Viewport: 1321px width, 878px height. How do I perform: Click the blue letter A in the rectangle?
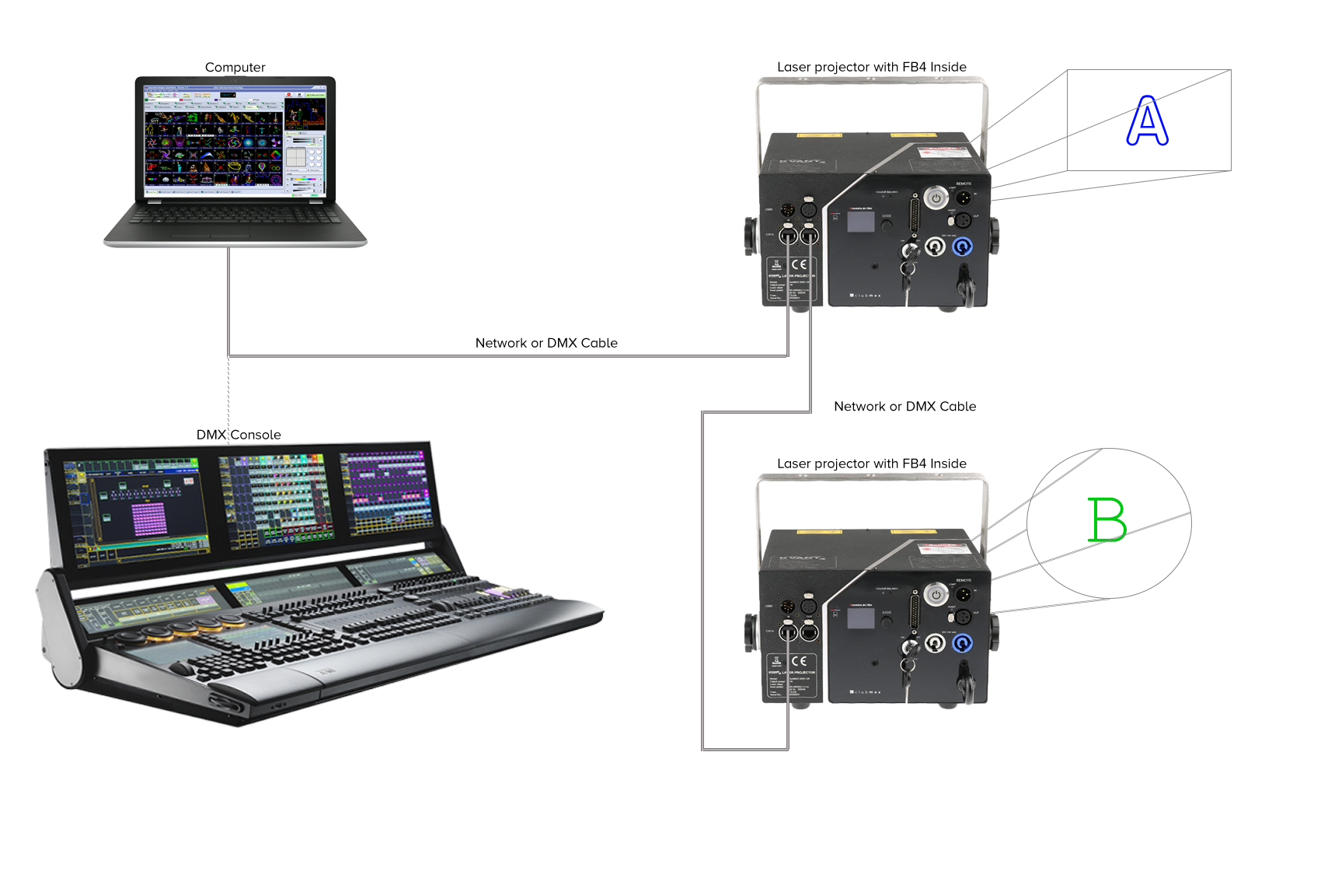point(1148,121)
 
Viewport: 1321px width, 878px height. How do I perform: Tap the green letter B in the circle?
point(1107,519)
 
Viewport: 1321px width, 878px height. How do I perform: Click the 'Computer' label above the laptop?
point(235,68)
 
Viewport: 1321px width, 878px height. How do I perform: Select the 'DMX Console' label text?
point(239,435)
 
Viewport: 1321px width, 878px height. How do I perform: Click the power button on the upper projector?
point(936,198)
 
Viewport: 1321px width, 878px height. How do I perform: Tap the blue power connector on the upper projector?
point(962,247)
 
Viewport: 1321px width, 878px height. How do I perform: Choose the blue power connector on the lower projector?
point(962,644)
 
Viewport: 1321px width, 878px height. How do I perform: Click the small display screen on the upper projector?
point(860,222)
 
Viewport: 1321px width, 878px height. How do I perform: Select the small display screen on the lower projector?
point(860,619)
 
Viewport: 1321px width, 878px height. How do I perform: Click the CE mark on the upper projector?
point(798,264)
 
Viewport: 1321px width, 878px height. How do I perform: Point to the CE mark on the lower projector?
point(798,661)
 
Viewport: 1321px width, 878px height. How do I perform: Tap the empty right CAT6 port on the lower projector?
point(809,631)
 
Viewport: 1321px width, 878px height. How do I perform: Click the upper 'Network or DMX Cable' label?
point(546,343)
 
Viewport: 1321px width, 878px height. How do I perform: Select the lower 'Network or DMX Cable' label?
point(904,406)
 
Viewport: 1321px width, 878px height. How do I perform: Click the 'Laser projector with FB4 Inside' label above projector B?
point(872,463)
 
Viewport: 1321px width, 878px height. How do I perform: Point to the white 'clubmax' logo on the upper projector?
point(866,296)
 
